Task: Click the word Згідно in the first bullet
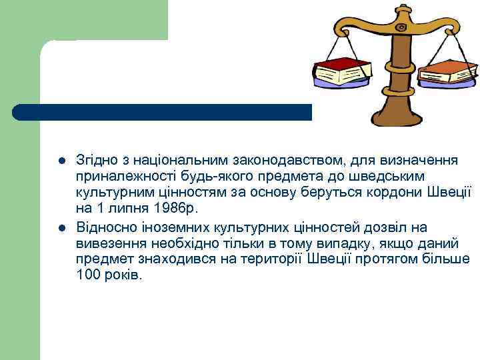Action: (97, 162)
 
